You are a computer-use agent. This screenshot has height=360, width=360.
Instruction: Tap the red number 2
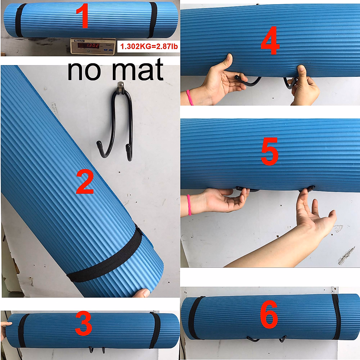click(85, 181)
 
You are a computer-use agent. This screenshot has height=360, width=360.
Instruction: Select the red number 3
click(83, 324)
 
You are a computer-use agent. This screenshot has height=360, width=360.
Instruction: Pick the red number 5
click(269, 153)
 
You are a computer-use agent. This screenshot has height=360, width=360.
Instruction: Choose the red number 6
click(269, 315)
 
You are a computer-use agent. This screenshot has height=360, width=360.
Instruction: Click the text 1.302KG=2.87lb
click(149, 46)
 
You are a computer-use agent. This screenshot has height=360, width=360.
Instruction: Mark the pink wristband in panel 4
click(189, 97)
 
